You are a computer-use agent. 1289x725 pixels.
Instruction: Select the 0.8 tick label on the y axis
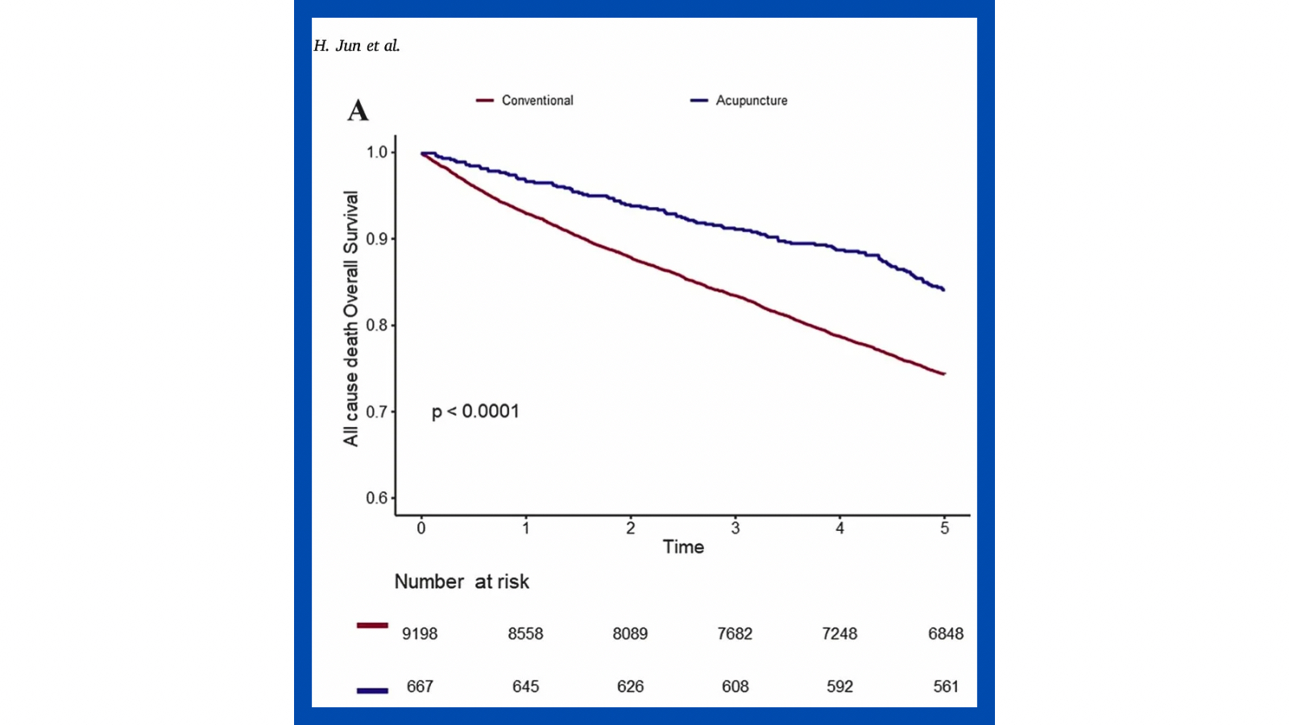pos(377,325)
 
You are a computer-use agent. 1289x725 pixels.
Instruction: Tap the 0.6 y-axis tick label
pos(377,498)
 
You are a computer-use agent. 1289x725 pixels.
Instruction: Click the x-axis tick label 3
pos(736,528)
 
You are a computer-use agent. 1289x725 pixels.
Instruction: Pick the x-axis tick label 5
pos(945,528)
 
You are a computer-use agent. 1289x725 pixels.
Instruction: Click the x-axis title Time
pos(683,547)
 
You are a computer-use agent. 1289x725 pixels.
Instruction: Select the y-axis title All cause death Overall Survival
pos(350,318)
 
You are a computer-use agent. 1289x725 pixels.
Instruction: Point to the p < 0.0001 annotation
pos(475,412)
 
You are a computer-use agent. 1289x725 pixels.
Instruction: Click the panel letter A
pos(358,110)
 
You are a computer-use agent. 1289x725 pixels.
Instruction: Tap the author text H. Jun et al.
pos(356,46)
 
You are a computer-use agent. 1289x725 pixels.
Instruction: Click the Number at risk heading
pos(462,582)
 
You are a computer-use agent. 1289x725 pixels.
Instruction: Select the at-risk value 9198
pos(420,634)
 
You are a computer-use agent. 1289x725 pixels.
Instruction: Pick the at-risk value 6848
pos(946,634)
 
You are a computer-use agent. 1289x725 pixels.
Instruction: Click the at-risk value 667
pos(420,686)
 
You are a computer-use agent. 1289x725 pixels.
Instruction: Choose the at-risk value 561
pos(946,686)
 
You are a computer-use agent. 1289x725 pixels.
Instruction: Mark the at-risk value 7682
pos(735,634)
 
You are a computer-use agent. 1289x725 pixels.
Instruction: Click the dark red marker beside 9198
pos(372,625)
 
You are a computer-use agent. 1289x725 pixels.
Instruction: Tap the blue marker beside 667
pos(372,690)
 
